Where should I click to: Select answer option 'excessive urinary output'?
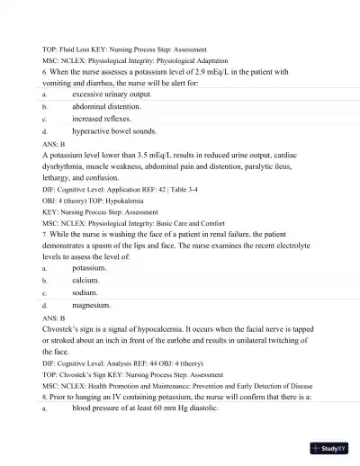112,93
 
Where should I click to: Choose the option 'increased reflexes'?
102,118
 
